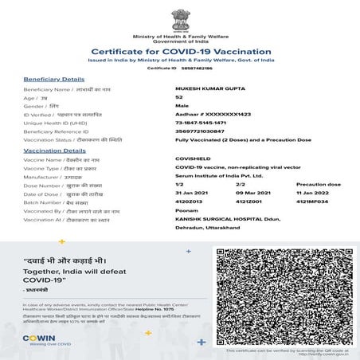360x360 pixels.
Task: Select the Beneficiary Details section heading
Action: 53,80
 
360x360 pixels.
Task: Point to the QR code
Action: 283,294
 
